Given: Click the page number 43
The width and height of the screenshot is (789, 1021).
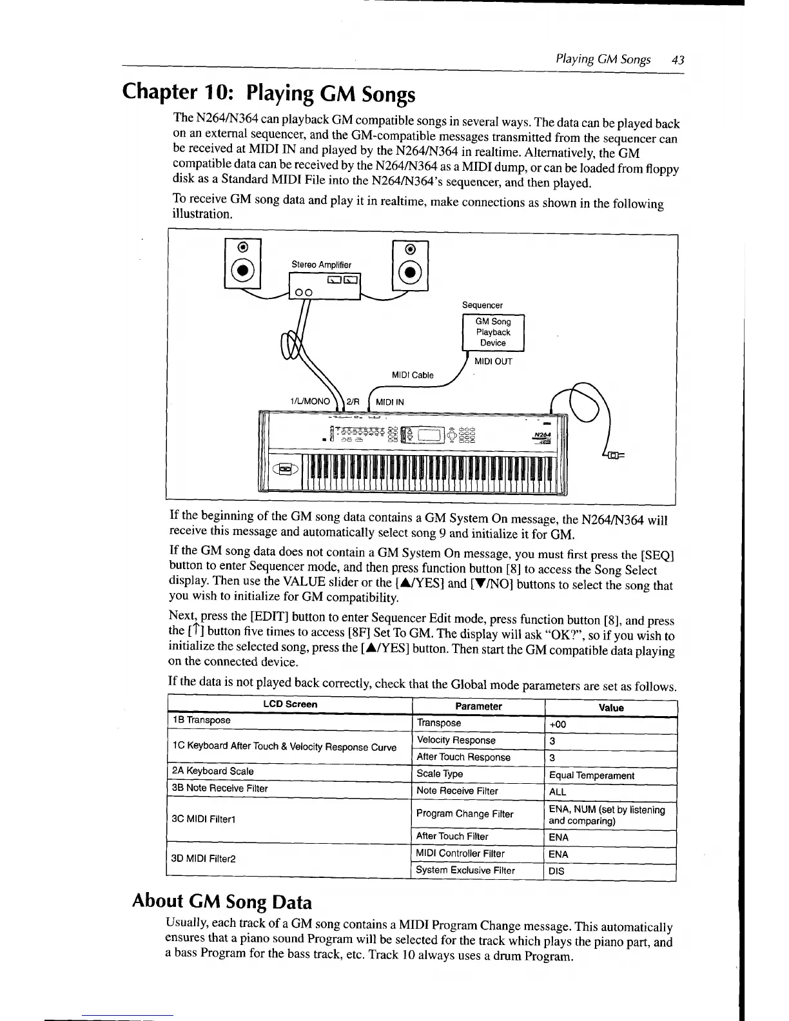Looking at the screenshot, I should [x=677, y=60].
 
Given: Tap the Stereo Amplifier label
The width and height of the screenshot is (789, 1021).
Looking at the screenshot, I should [x=322, y=264].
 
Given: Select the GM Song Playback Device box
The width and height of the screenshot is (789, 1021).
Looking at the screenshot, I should [x=493, y=333].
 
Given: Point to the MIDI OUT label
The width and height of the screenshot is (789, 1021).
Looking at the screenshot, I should [x=493, y=361].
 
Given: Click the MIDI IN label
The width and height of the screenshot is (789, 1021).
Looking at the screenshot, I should [x=390, y=402].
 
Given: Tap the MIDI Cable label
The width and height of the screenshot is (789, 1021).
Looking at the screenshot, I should [x=413, y=375].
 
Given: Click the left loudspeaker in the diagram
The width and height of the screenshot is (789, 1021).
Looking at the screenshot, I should [x=242, y=265].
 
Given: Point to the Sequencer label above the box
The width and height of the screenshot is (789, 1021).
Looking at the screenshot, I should [x=482, y=305].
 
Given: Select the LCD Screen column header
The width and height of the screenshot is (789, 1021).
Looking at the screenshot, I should [x=290, y=704].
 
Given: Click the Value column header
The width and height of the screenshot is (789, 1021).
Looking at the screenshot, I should [x=610, y=708].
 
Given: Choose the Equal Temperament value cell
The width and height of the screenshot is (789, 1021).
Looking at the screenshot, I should [x=591, y=775].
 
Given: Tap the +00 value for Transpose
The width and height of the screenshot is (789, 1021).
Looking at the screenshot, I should [x=558, y=724].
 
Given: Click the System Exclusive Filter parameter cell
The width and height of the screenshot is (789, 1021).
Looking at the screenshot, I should [x=465, y=870].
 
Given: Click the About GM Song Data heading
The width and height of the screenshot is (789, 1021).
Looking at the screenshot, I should [x=222, y=901].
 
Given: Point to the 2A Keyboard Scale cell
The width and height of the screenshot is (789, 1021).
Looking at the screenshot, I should [x=213, y=771].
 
